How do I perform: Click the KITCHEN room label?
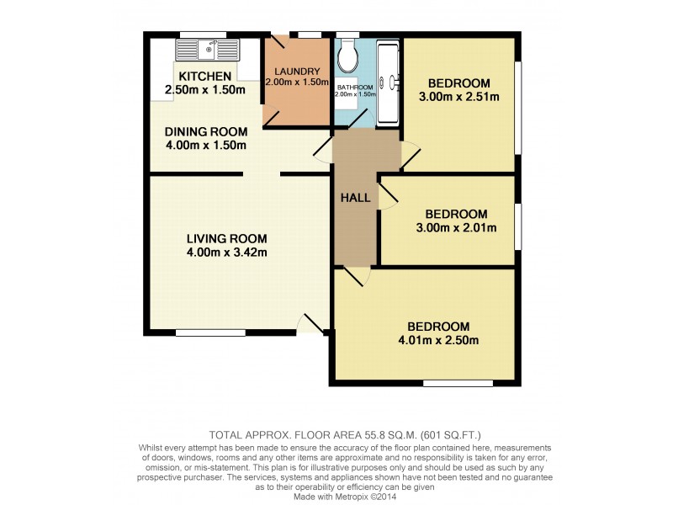click(198, 77)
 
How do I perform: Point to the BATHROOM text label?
click(355, 87)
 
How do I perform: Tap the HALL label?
click(355, 198)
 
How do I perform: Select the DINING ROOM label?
click(205, 131)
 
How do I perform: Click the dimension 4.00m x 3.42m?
click(227, 252)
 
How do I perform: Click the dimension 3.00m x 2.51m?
click(458, 97)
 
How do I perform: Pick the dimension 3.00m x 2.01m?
click(455, 227)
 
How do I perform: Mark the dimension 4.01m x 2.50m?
click(438, 341)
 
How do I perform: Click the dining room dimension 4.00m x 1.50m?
click(205, 145)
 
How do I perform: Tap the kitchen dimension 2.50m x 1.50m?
click(204, 90)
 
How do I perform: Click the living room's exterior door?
click(310, 324)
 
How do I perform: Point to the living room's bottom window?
click(210, 333)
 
